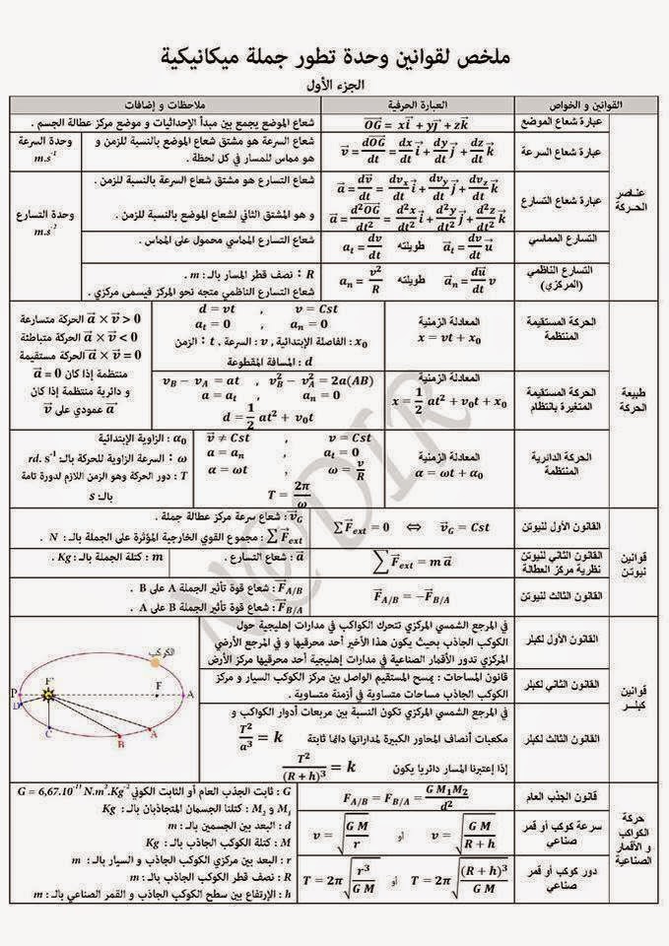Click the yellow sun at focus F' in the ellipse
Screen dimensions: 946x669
click(x=48, y=696)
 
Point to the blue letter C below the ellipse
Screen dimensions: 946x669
click(x=49, y=734)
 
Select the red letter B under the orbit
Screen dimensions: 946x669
click(x=119, y=746)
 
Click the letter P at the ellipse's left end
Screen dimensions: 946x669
click(x=14, y=694)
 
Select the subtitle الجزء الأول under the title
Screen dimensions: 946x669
click(x=335, y=84)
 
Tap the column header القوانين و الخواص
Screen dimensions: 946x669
click(x=580, y=103)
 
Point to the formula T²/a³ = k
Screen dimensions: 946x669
click(x=255, y=734)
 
